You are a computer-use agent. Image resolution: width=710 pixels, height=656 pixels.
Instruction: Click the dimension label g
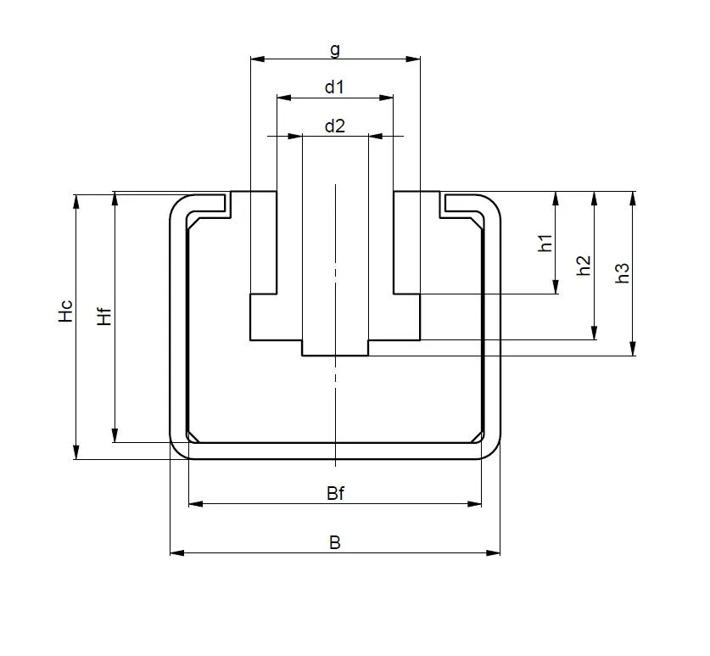(x=335, y=49)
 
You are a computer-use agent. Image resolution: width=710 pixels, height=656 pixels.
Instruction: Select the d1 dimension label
(x=335, y=87)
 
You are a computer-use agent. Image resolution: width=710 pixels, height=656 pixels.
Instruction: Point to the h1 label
(x=545, y=243)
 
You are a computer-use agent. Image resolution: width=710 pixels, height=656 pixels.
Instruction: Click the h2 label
(x=584, y=266)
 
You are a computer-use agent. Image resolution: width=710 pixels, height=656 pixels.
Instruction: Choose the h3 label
(x=622, y=272)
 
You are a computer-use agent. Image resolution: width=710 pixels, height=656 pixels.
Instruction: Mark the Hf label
(x=103, y=316)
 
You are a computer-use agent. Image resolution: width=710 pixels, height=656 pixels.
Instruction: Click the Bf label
(x=335, y=494)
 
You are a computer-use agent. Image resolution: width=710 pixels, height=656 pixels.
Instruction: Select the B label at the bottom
(x=335, y=543)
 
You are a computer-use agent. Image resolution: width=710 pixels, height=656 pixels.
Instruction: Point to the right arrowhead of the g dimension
(x=415, y=59)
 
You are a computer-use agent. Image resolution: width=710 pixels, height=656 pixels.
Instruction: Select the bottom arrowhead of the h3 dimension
(x=633, y=350)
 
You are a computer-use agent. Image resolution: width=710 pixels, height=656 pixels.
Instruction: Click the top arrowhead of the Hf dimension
(x=115, y=198)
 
